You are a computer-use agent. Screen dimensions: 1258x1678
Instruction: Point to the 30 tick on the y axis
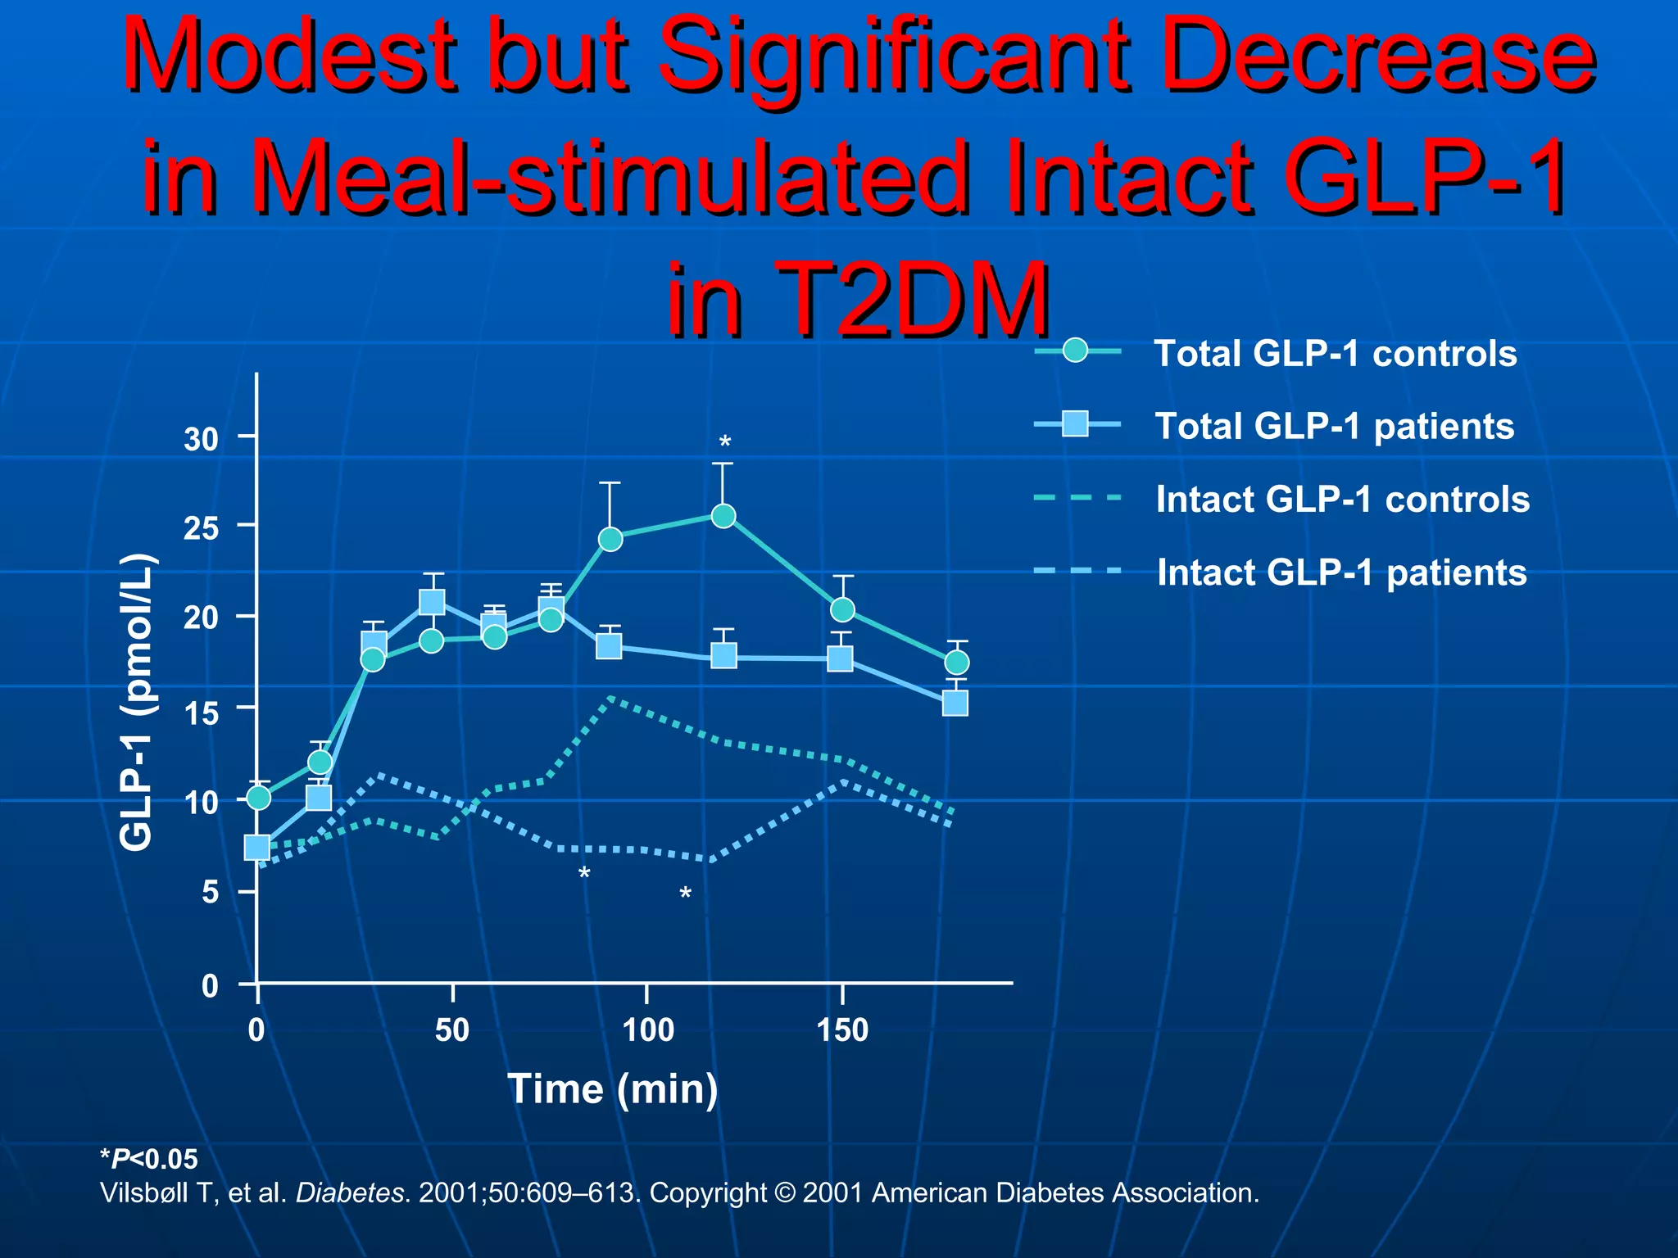coord(202,440)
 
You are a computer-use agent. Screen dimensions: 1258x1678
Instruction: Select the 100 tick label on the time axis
coord(647,1029)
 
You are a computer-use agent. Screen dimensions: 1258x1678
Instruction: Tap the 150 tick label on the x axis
coord(842,1029)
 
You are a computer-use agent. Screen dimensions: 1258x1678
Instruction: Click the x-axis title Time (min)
coord(613,1089)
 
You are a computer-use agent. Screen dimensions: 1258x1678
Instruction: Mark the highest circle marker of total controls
coord(723,515)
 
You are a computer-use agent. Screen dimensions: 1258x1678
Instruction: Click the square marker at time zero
coord(257,847)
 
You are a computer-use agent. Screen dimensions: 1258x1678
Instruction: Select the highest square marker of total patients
coord(432,602)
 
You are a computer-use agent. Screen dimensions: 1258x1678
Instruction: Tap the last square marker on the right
coord(955,703)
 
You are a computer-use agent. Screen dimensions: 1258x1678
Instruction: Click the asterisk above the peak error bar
coord(724,443)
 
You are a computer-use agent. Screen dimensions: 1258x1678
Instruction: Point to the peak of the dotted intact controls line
coord(611,698)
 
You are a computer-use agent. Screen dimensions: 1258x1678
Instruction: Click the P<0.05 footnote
coord(149,1159)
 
